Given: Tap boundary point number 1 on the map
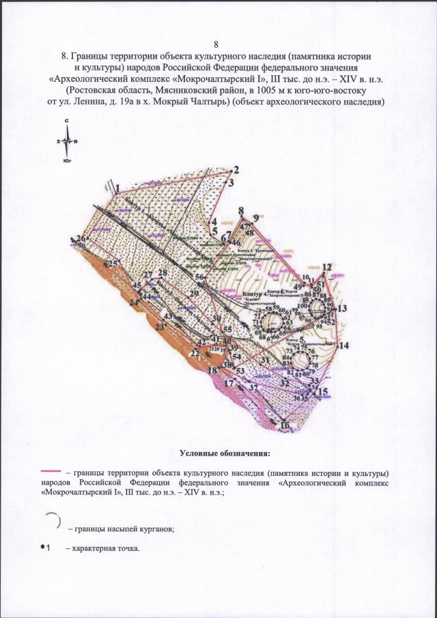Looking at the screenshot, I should point(117,186).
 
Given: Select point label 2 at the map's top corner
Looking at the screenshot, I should point(237,169).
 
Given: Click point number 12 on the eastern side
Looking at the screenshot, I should point(326,267).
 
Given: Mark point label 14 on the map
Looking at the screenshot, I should point(343,346).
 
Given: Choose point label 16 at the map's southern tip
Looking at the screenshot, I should point(285,426).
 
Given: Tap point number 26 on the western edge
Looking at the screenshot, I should point(82,238).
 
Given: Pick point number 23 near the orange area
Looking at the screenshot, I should point(160,328).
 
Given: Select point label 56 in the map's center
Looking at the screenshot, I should point(200,277).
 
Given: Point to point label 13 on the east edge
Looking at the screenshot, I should point(342,309).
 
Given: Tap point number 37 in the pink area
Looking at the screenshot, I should point(253,387).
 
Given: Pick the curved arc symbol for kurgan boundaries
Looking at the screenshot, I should point(55,520).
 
